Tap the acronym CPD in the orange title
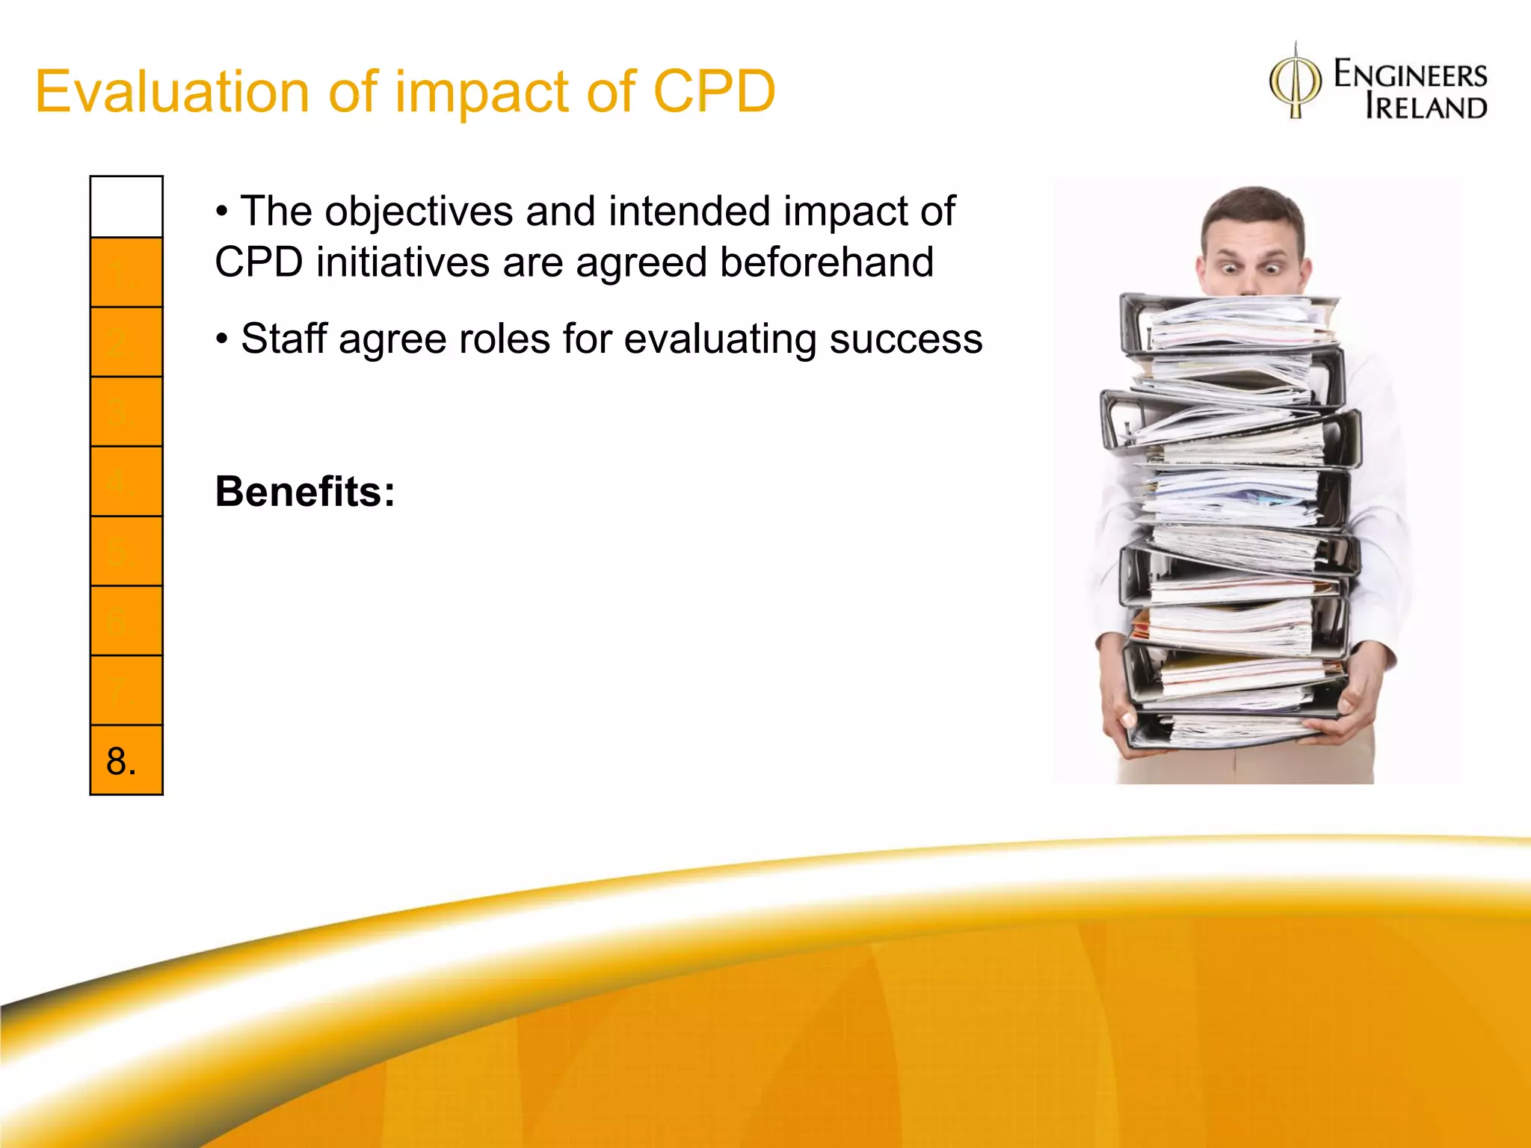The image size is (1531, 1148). [x=714, y=92]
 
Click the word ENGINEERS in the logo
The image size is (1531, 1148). [x=1410, y=75]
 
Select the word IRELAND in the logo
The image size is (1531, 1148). [x=1426, y=108]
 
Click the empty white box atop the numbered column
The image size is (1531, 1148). [x=126, y=207]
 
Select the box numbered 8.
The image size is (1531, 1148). [x=126, y=760]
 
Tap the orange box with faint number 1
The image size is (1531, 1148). [x=126, y=273]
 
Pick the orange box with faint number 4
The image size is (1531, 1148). [x=126, y=481]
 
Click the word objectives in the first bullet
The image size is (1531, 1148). [x=419, y=212]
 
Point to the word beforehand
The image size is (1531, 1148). [x=826, y=262]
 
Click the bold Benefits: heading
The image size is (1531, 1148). [x=305, y=492]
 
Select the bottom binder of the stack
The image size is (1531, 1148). [x=1226, y=729]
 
